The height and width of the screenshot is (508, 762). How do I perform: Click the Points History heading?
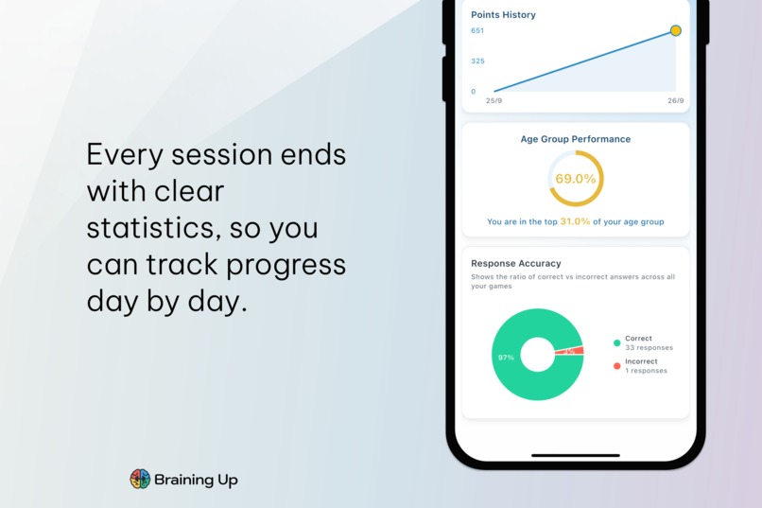coord(503,15)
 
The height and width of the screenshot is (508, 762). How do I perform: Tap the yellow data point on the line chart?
coord(676,31)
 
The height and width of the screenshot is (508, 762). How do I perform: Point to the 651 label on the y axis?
coord(477,31)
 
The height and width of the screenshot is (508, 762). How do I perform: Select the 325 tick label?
coord(477,61)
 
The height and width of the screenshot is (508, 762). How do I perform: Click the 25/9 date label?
coord(494,100)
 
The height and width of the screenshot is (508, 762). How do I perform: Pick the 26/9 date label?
coord(675,100)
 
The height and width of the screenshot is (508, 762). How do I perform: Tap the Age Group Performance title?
coord(575,139)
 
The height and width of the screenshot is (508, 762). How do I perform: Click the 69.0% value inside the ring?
coord(575,179)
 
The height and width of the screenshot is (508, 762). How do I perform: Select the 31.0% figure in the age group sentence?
coord(575,222)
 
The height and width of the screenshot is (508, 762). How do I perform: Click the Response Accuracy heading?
coord(515,264)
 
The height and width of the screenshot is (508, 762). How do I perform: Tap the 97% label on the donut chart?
coord(506,358)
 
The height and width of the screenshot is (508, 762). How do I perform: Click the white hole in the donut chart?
coord(537,356)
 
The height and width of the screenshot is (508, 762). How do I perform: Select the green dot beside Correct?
coord(616,342)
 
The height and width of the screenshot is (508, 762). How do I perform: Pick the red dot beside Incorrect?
coord(616,366)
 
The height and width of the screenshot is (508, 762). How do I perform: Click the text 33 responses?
coord(649,348)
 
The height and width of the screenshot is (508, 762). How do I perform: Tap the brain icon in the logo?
coord(140,479)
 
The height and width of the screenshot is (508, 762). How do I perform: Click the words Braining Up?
coord(197,480)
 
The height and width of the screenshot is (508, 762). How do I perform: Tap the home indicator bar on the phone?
coord(575,456)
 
